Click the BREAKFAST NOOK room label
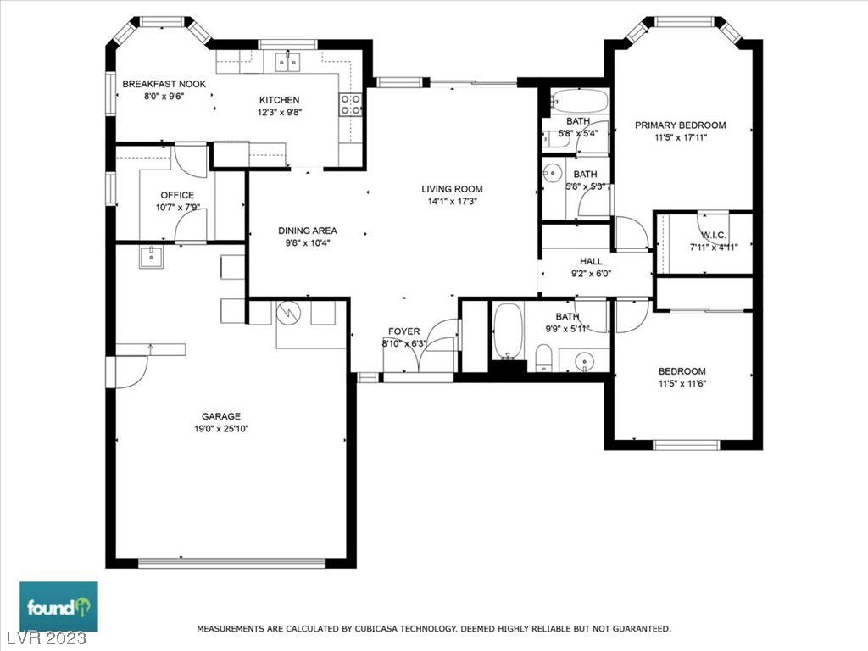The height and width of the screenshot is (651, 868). tap(164, 84)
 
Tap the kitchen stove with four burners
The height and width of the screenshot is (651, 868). tap(350, 104)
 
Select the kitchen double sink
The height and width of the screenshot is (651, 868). tap(288, 62)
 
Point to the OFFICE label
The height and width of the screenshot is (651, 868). tap(177, 196)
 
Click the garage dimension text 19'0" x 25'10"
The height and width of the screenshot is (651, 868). tap(221, 428)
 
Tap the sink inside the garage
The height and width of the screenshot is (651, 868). tap(151, 258)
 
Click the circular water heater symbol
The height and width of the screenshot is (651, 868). tap(287, 314)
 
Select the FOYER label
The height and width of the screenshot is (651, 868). tap(403, 331)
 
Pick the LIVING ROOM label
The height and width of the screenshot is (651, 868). tap(452, 189)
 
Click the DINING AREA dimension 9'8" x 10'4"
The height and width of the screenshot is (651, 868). tap(307, 242)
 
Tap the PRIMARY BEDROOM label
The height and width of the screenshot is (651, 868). tap(681, 125)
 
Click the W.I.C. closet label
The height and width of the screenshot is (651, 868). tap(714, 236)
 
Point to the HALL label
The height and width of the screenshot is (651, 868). tap(591, 261)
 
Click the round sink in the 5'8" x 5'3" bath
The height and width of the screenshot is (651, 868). tap(552, 173)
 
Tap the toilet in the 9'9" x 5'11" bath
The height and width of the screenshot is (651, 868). tap(544, 358)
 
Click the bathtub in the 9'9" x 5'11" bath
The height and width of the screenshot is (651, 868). tap(508, 331)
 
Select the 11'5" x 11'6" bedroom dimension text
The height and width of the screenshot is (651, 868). tap(682, 384)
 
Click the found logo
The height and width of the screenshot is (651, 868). tap(59, 607)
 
